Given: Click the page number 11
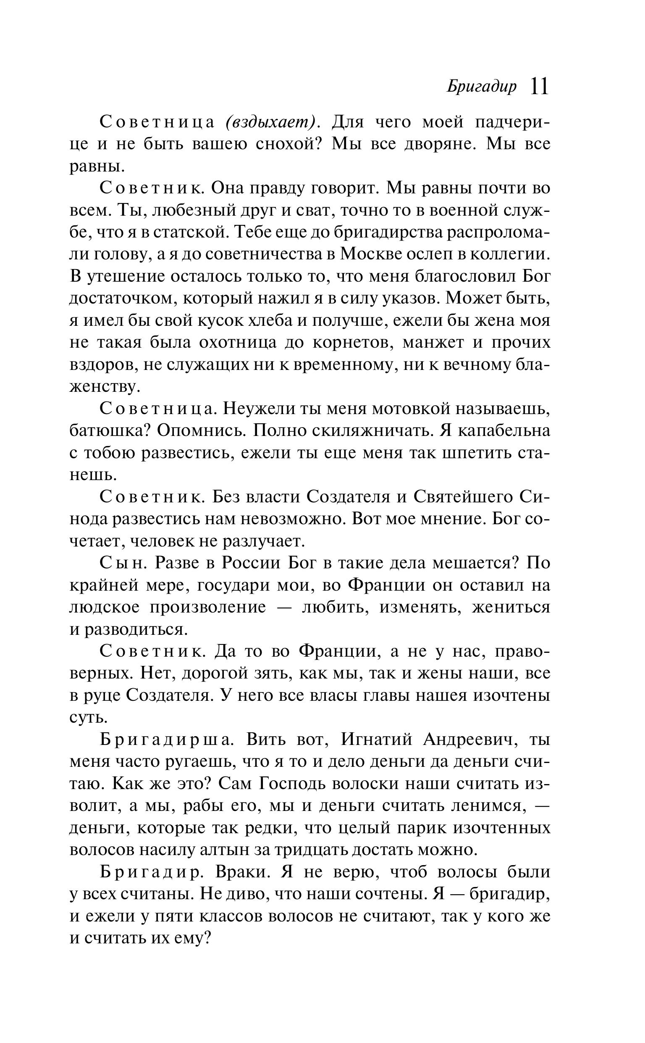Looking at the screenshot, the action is pos(539,86).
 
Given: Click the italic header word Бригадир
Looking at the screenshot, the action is pos(482,87).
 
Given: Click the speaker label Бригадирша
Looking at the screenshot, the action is pos(166,740).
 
